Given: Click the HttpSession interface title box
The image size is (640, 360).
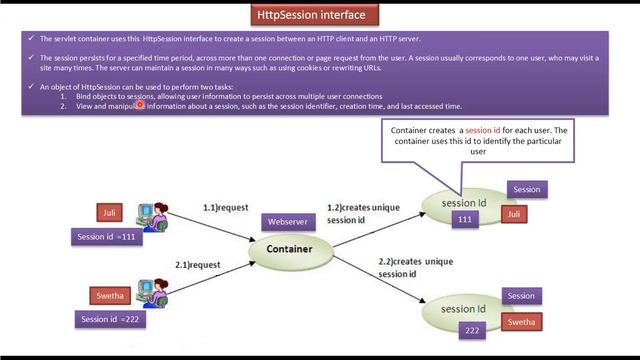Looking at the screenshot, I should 318,15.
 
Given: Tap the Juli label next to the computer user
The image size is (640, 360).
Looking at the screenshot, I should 110,212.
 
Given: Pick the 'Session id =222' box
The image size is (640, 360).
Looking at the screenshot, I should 110,319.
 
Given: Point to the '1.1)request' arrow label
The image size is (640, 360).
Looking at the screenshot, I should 224,207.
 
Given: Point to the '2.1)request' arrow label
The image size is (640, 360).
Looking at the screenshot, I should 197,265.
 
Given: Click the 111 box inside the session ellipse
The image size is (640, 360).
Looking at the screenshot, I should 464,220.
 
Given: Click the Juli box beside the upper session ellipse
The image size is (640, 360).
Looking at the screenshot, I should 514,214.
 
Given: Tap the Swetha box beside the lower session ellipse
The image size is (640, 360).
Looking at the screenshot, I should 521,322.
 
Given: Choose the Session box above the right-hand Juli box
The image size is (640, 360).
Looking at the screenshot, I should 526,189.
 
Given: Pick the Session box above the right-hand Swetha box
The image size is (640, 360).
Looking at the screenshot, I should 521,296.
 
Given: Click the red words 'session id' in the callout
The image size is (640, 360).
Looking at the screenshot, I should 483,131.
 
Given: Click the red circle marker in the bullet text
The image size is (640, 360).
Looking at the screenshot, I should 141,103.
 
